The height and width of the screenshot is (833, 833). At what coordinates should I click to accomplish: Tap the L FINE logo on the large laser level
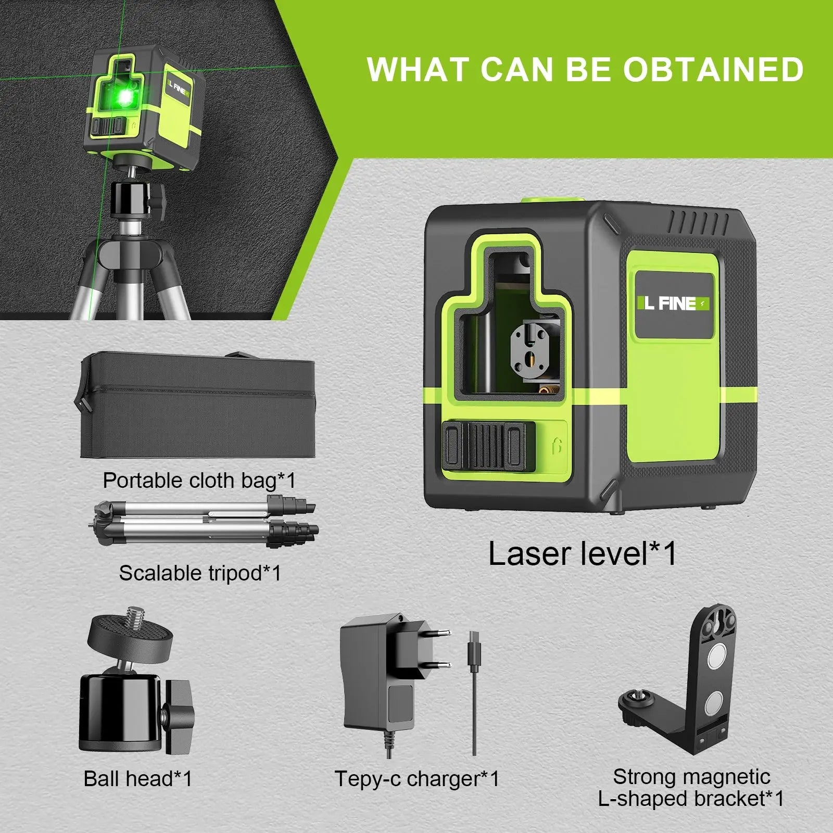(x=672, y=303)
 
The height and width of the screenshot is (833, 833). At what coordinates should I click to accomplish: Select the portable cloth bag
(x=198, y=406)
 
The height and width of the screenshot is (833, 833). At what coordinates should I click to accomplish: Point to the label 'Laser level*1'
(x=582, y=553)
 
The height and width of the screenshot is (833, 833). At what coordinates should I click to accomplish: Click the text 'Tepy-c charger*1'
(x=416, y=779)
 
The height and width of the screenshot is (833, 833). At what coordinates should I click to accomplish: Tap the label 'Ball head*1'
(x=138, y=779)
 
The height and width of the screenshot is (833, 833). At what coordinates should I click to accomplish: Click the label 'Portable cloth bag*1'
(x=199, y=480)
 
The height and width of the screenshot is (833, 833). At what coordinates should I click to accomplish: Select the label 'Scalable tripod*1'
(x=200, y=573)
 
